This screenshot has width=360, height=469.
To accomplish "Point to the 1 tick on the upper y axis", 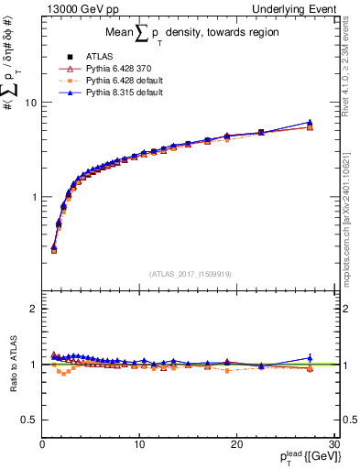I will (x=32, y=197).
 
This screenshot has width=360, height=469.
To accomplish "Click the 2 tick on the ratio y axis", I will (x=32, y=309).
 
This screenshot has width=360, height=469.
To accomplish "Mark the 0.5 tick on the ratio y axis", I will (x=28, y=420).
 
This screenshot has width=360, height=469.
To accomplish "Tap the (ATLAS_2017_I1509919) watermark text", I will (x=190, y=273).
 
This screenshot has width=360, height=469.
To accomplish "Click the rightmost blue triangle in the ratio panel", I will (x=310, y=358).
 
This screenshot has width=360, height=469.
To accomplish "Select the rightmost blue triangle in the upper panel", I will (x=310, y=122).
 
